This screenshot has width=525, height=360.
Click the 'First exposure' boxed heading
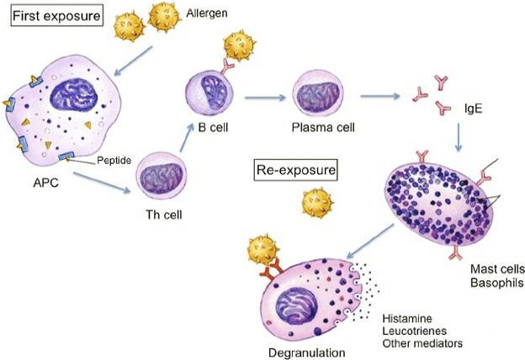[x=56, y=16]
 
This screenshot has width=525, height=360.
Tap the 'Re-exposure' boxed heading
[x=295, y=170]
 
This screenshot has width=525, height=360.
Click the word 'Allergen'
[x=207, y=13]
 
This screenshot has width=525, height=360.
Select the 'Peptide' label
[x=114, y=161]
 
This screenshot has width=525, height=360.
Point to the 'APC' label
[x=46, y=183]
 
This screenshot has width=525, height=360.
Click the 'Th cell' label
[x=164, y=214]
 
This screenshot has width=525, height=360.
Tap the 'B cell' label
[x=213, y=127]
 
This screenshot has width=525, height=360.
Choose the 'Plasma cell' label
[x=323, y=127]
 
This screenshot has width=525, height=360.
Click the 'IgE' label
[x=473, y=109]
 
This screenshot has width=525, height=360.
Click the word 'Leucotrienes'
[x=415, y=331]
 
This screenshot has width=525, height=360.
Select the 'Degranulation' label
[x=307, y=352]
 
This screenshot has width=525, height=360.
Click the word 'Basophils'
[x=497, y=283]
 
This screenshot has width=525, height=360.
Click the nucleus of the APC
[x=74, y=95]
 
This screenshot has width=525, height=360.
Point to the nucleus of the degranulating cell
[x=296, y=306]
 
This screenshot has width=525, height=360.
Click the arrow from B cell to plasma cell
[x=265, y=98]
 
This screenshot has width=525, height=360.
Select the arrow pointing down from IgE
[x=459, y=137]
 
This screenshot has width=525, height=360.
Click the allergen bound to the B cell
[x=240, y=46]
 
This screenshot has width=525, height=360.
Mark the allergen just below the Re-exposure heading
[x=317, y=203]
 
